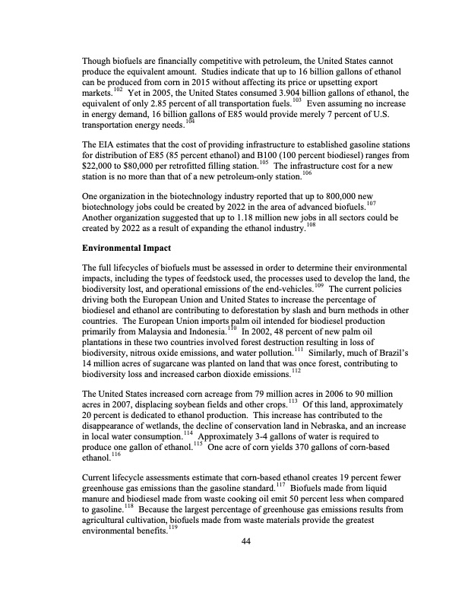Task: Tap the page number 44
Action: (x=245, y=540)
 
